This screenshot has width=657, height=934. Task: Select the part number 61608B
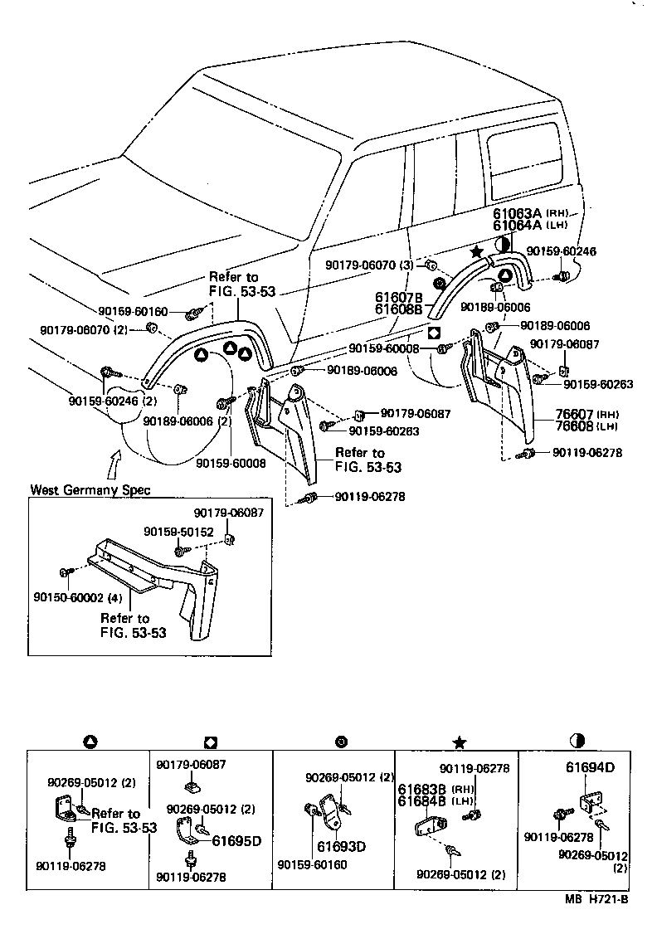pyautogui.click(x=398, y=309)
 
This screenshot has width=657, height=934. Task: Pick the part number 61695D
pyautogui.click(x=236, y=840)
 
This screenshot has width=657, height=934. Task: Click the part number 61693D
pyautogui.click(x=341, y=847)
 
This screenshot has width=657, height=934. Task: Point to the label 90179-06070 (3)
pyautogui.click(x=369, y=265)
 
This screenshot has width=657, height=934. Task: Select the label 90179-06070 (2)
pyautogui.click(x=85, y=329)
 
